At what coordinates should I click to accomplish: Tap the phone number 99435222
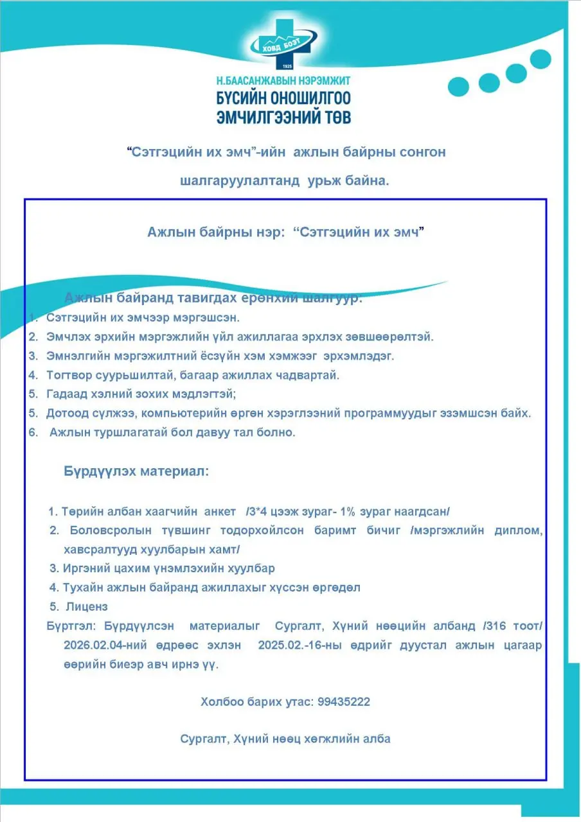(344, 702)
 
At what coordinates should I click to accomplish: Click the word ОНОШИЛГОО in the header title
(312, 98)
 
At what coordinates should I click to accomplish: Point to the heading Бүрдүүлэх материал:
(136, 471)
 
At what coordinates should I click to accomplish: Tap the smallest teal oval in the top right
(458, 87)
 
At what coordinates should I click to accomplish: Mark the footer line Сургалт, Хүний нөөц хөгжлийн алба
(285, 739)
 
